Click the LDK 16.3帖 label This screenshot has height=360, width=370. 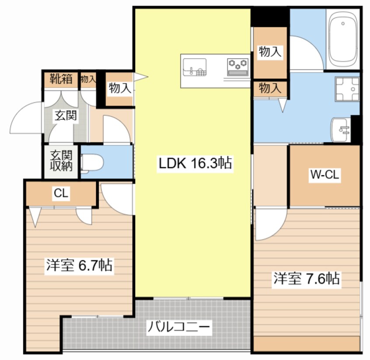click(x=195, y=163)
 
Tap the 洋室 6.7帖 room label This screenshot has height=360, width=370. click(x=79, y=266)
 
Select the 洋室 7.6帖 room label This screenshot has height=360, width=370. click(x=307, y=279)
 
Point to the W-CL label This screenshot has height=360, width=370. click(x=325, y=175)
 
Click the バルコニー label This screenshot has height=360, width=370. click(x=178, y=327)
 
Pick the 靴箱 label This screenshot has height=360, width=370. click(x=61, y=79)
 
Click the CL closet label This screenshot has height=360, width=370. click(x=61, y=193)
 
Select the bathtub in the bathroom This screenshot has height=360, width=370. click(x=342, y=40)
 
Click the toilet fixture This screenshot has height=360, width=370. click(x=92, y=162)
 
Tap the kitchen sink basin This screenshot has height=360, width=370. click(x=195, y=67)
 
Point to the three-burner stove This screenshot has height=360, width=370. click(x=237, y=67)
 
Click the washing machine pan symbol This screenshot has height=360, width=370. click(x=347, y=89)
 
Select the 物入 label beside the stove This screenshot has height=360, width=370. click(x=270, y=52)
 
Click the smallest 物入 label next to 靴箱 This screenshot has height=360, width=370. click(x=88, y=79)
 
